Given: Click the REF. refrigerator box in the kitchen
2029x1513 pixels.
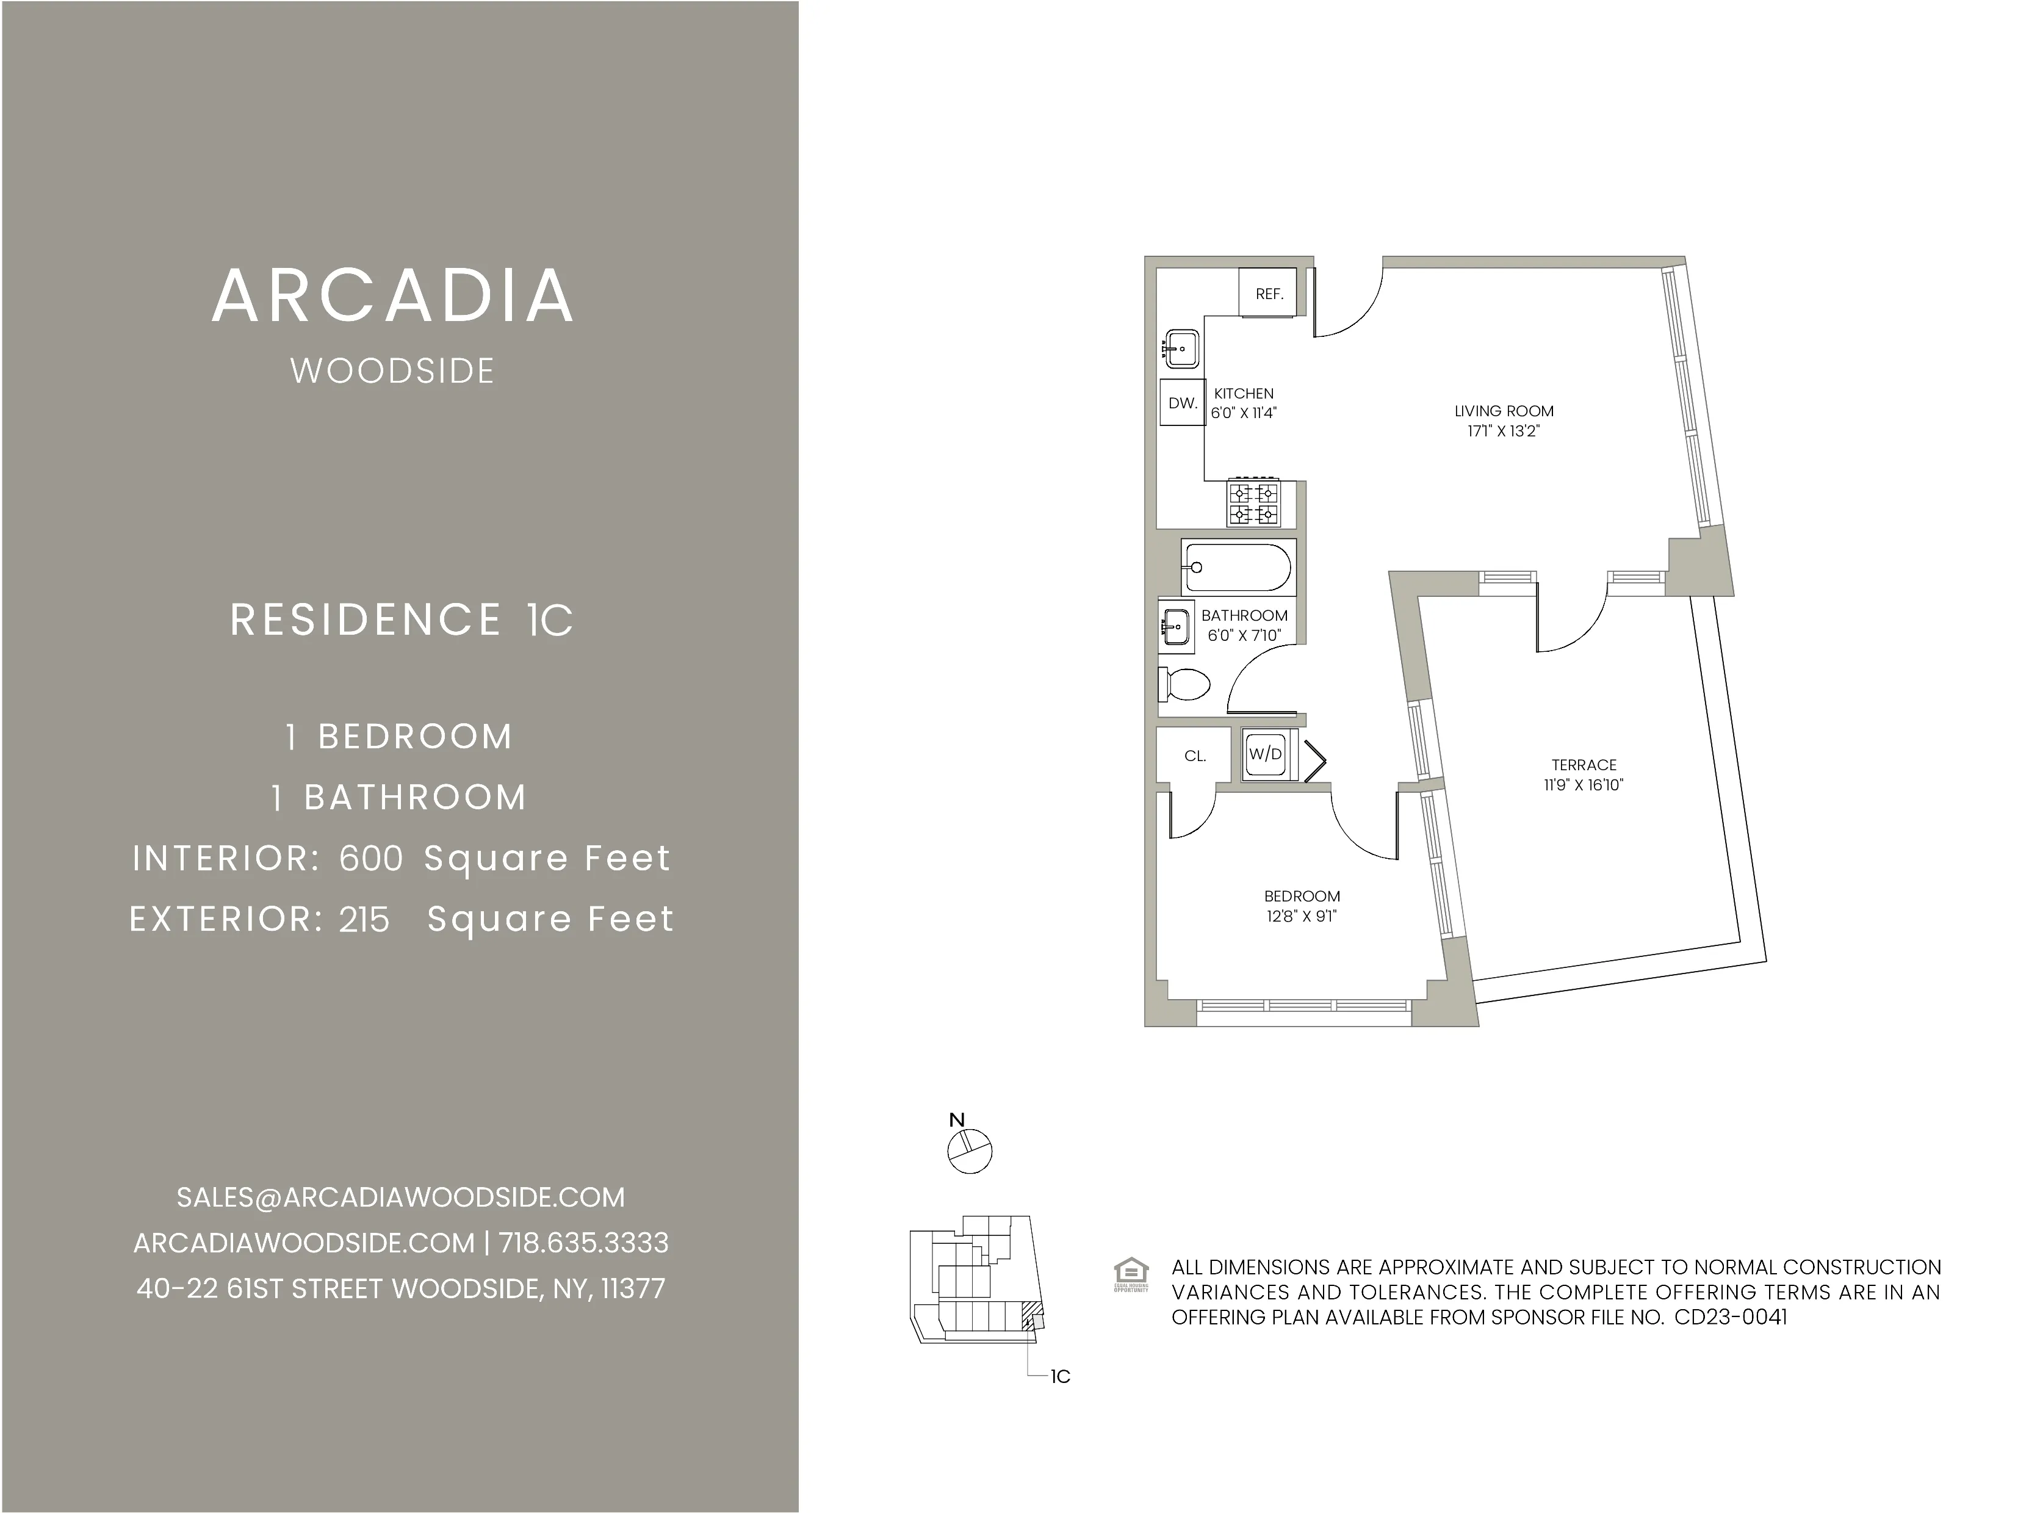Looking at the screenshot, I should click(1268, 293).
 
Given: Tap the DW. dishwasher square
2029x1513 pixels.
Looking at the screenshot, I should click(1182, 402).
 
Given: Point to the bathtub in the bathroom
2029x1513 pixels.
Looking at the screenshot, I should click(1237, 567).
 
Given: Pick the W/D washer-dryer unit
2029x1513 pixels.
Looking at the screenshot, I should click(1266, 754).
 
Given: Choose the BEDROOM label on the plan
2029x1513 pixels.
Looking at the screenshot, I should click(1301, 896).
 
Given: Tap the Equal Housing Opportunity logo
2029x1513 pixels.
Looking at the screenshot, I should click(1131, 1274).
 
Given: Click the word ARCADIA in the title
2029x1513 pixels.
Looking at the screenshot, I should click(393, 296).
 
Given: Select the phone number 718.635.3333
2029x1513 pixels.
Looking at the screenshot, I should click(584, 1243).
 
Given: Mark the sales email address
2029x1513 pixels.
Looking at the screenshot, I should click(400, 1197).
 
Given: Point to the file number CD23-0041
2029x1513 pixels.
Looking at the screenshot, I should click(1731, 1317).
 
